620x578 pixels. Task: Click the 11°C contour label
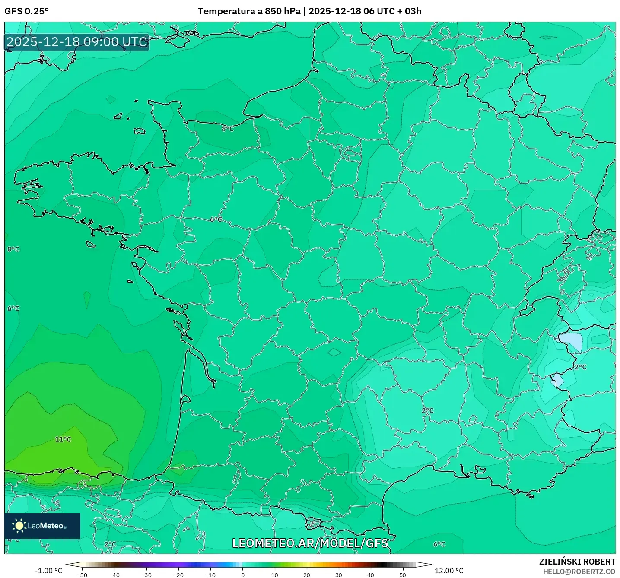(63, 439)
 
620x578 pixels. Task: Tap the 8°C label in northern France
(228, 129)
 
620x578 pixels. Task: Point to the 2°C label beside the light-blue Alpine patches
(580, 367)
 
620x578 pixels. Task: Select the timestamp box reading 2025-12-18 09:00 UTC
(77, 42)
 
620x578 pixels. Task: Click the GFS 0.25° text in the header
(27, 11)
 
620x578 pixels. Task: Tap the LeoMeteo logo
(42, 526)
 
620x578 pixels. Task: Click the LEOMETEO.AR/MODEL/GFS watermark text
(310, 543)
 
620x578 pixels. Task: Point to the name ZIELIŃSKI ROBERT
(577, 562)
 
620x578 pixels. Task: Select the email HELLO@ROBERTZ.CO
(579, 572)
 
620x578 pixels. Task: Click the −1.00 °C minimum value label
(48, 571)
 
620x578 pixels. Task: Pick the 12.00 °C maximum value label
(449, 571)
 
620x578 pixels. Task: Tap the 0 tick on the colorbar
(243, 575)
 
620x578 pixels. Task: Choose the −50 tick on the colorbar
(82, 575)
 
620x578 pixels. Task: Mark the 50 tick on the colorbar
(403, 575)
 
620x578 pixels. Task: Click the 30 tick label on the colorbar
(338, 575)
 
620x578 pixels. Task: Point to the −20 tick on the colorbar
(178, 575)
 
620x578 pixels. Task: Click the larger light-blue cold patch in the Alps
(571, 341)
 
